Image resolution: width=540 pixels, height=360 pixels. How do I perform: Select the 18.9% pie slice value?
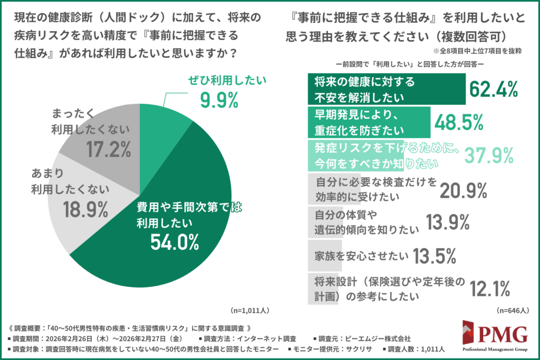click(x=85, y=209)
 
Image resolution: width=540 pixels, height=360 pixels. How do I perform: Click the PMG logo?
click(x=495, y=337)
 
